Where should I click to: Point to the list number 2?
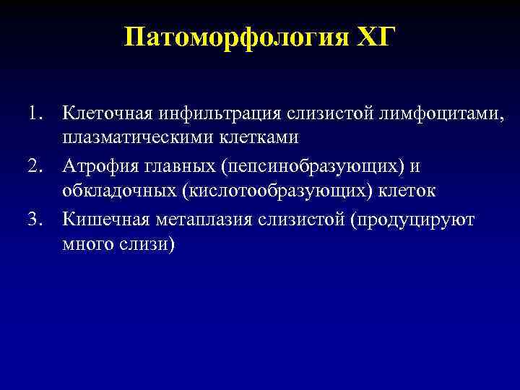(x=37, y=166)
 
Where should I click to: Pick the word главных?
(x=173, y=166)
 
